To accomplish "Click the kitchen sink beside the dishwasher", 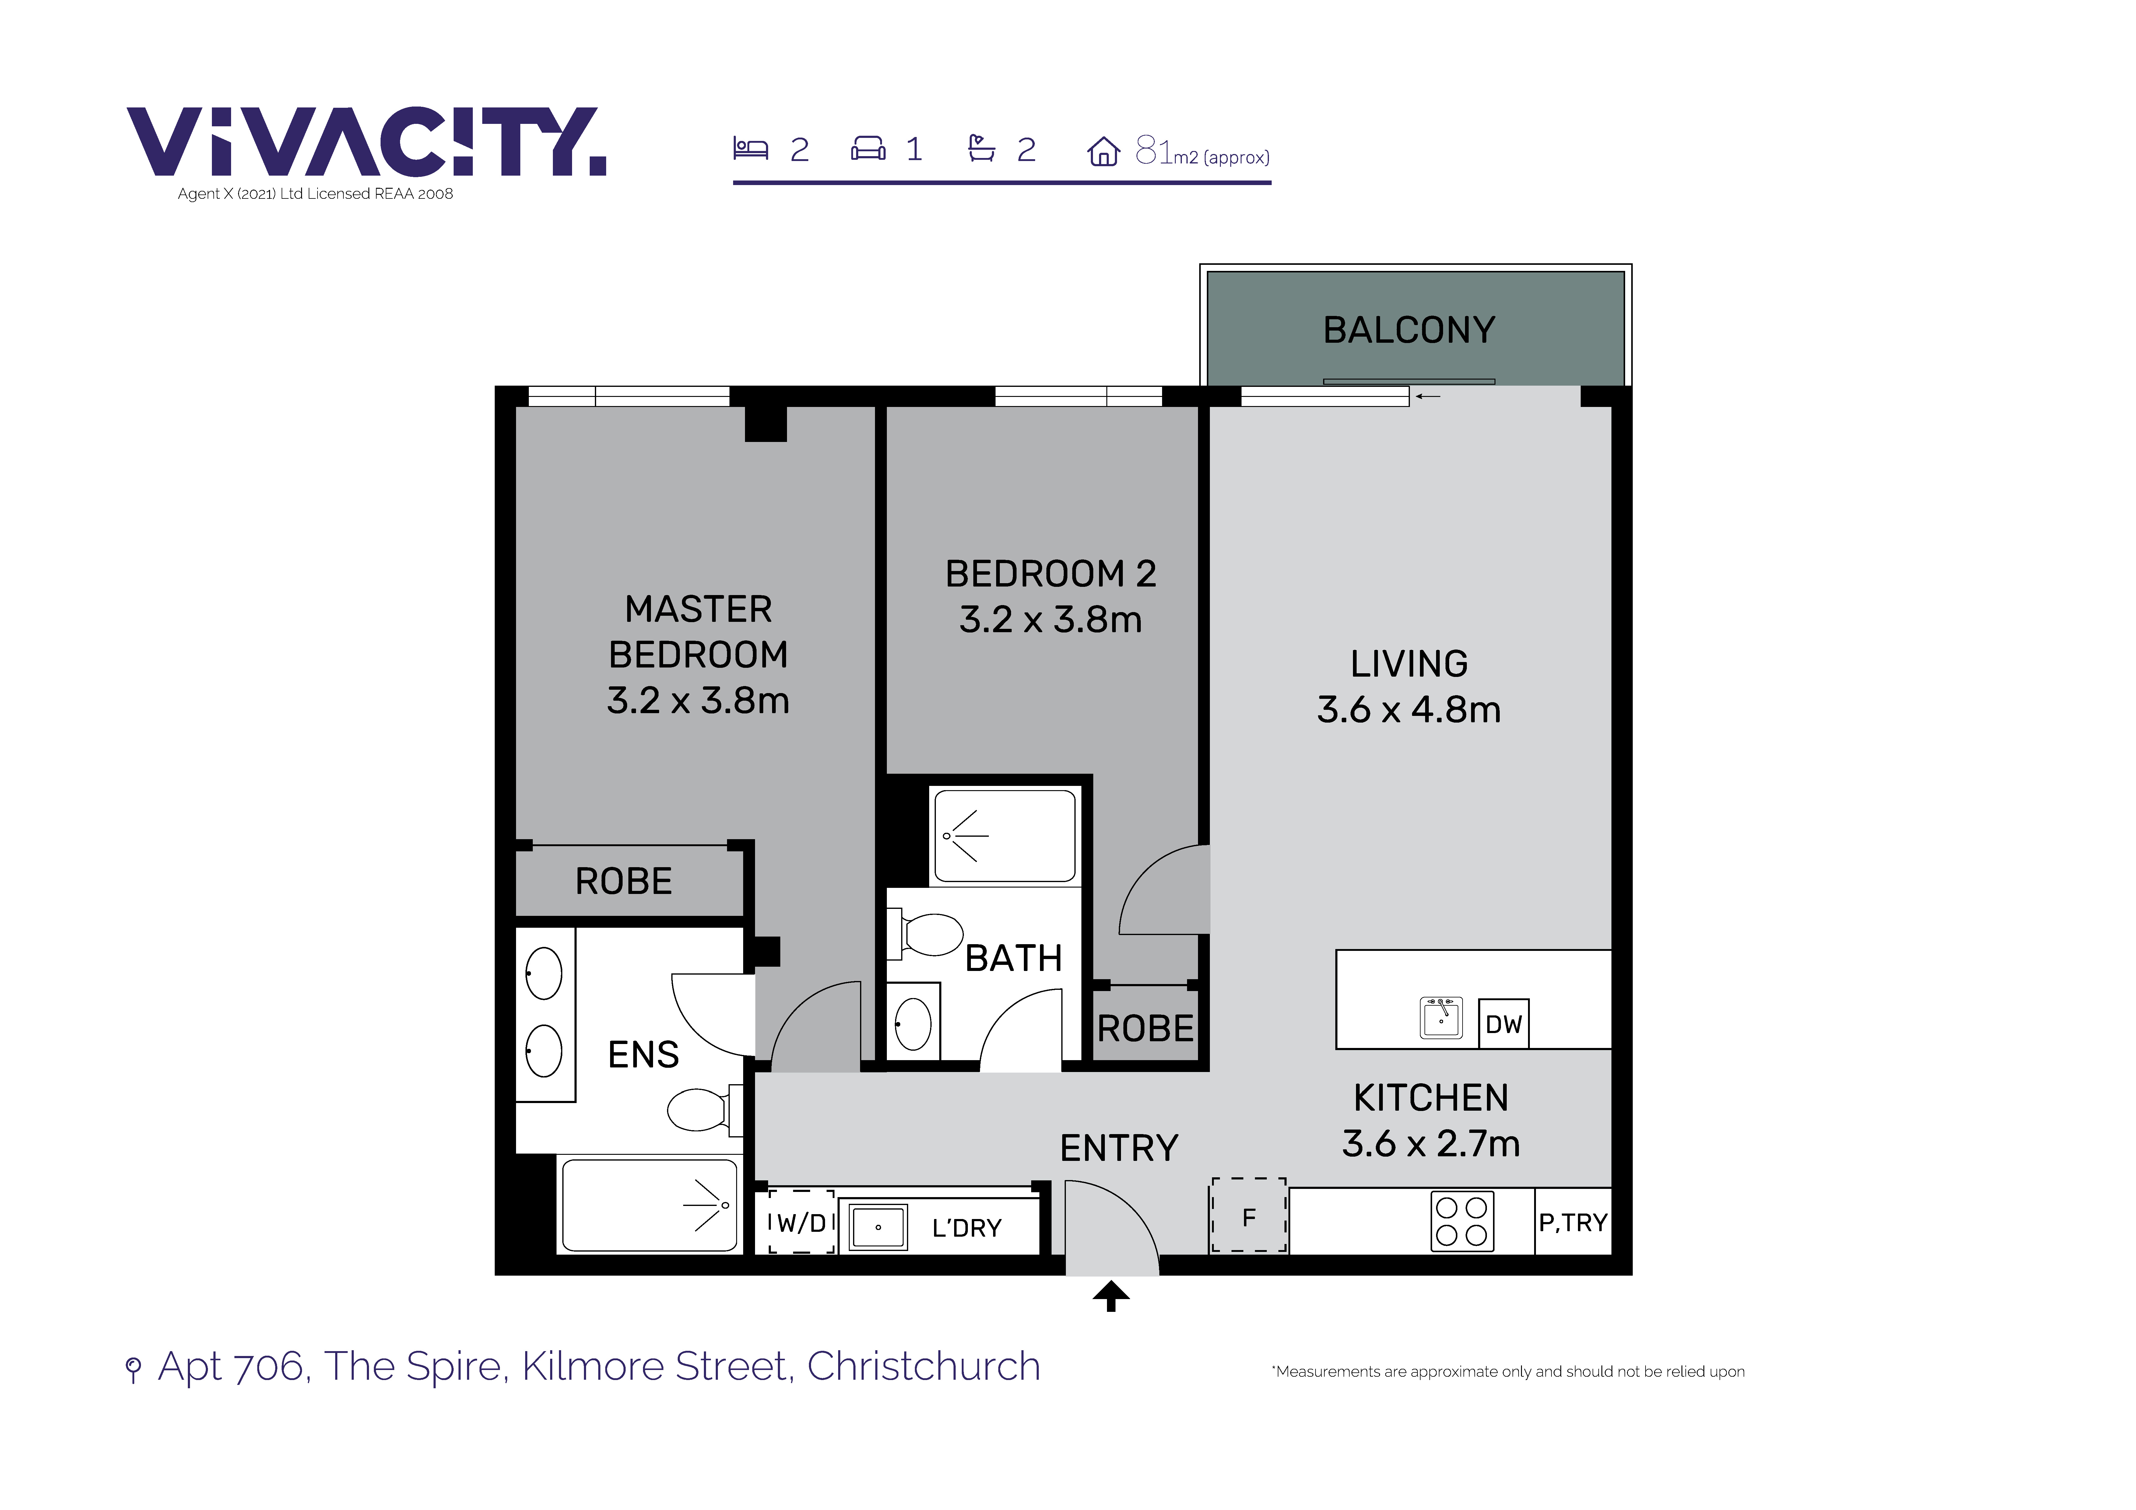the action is (x=1441, y=1018).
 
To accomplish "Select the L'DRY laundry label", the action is (x=967, y=1228).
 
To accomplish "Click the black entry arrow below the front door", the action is (x=1111, y=1296).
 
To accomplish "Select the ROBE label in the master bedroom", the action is (x=623, y=881).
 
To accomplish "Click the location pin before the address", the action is (x=133, y=1369).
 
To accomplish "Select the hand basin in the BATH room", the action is (x=913, y=1023).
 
